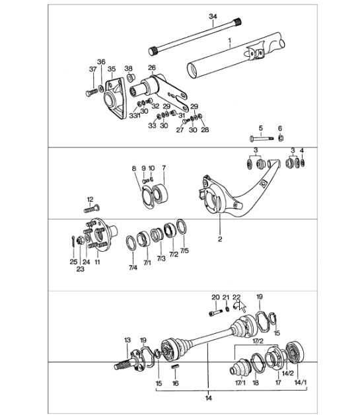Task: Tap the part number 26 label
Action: pyautogui.click(x=151, y=68)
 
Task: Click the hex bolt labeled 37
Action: pyautogui.click(x=90, y=93)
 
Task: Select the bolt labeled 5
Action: pyautogui.click(x=260, y=139)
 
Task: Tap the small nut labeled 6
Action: pyautogui.click(x=279, y=138)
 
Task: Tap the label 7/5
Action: pyautogui.click(x=184, y=251)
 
